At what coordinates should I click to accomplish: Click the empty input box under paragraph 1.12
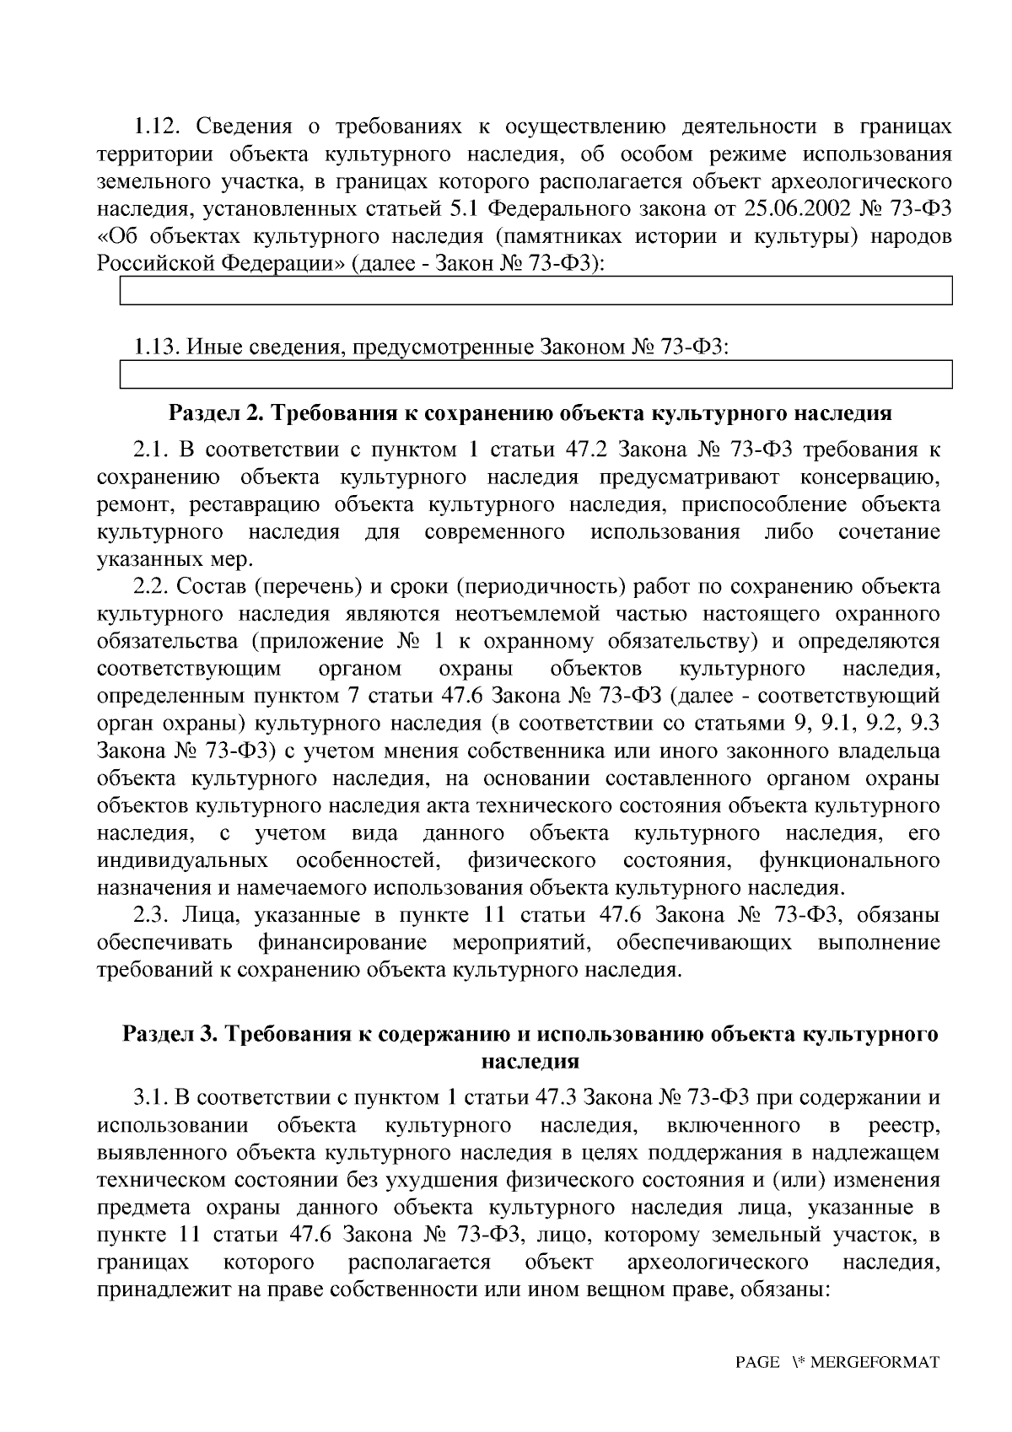[536, 291]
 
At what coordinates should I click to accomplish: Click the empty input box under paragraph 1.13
[536, 374]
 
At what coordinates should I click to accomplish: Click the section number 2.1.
[152, 450]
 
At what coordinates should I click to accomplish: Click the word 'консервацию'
[869, 477]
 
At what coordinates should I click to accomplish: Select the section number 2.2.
[152, 586]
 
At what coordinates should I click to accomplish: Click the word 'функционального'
[849, 860]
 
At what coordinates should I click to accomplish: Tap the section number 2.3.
[152, 915]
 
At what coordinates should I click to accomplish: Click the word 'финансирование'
[342, 942]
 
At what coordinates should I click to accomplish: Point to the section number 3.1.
[152, 1098]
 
